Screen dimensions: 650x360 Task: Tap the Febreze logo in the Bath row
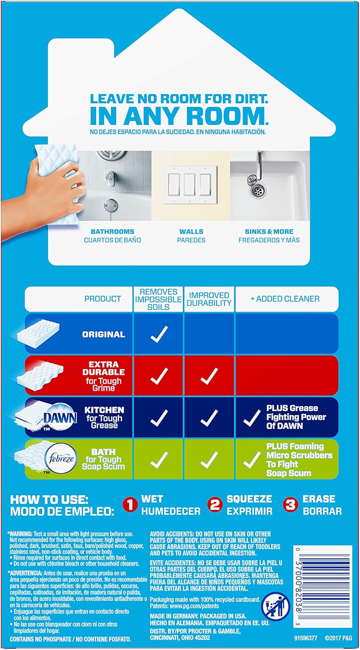57,458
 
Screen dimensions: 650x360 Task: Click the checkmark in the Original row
159,334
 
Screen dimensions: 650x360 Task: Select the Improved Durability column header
209,299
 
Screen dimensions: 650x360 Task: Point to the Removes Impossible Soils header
159,299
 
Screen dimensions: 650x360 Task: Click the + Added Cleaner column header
285,299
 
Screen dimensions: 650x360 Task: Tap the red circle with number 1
130,505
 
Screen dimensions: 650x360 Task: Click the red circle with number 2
215,505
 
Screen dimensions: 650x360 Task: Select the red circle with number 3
291,505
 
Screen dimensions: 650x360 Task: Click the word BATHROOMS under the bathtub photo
112,231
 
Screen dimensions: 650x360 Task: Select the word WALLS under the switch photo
191,231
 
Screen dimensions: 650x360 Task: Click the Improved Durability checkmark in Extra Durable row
209,376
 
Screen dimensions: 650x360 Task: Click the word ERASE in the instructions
318,499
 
